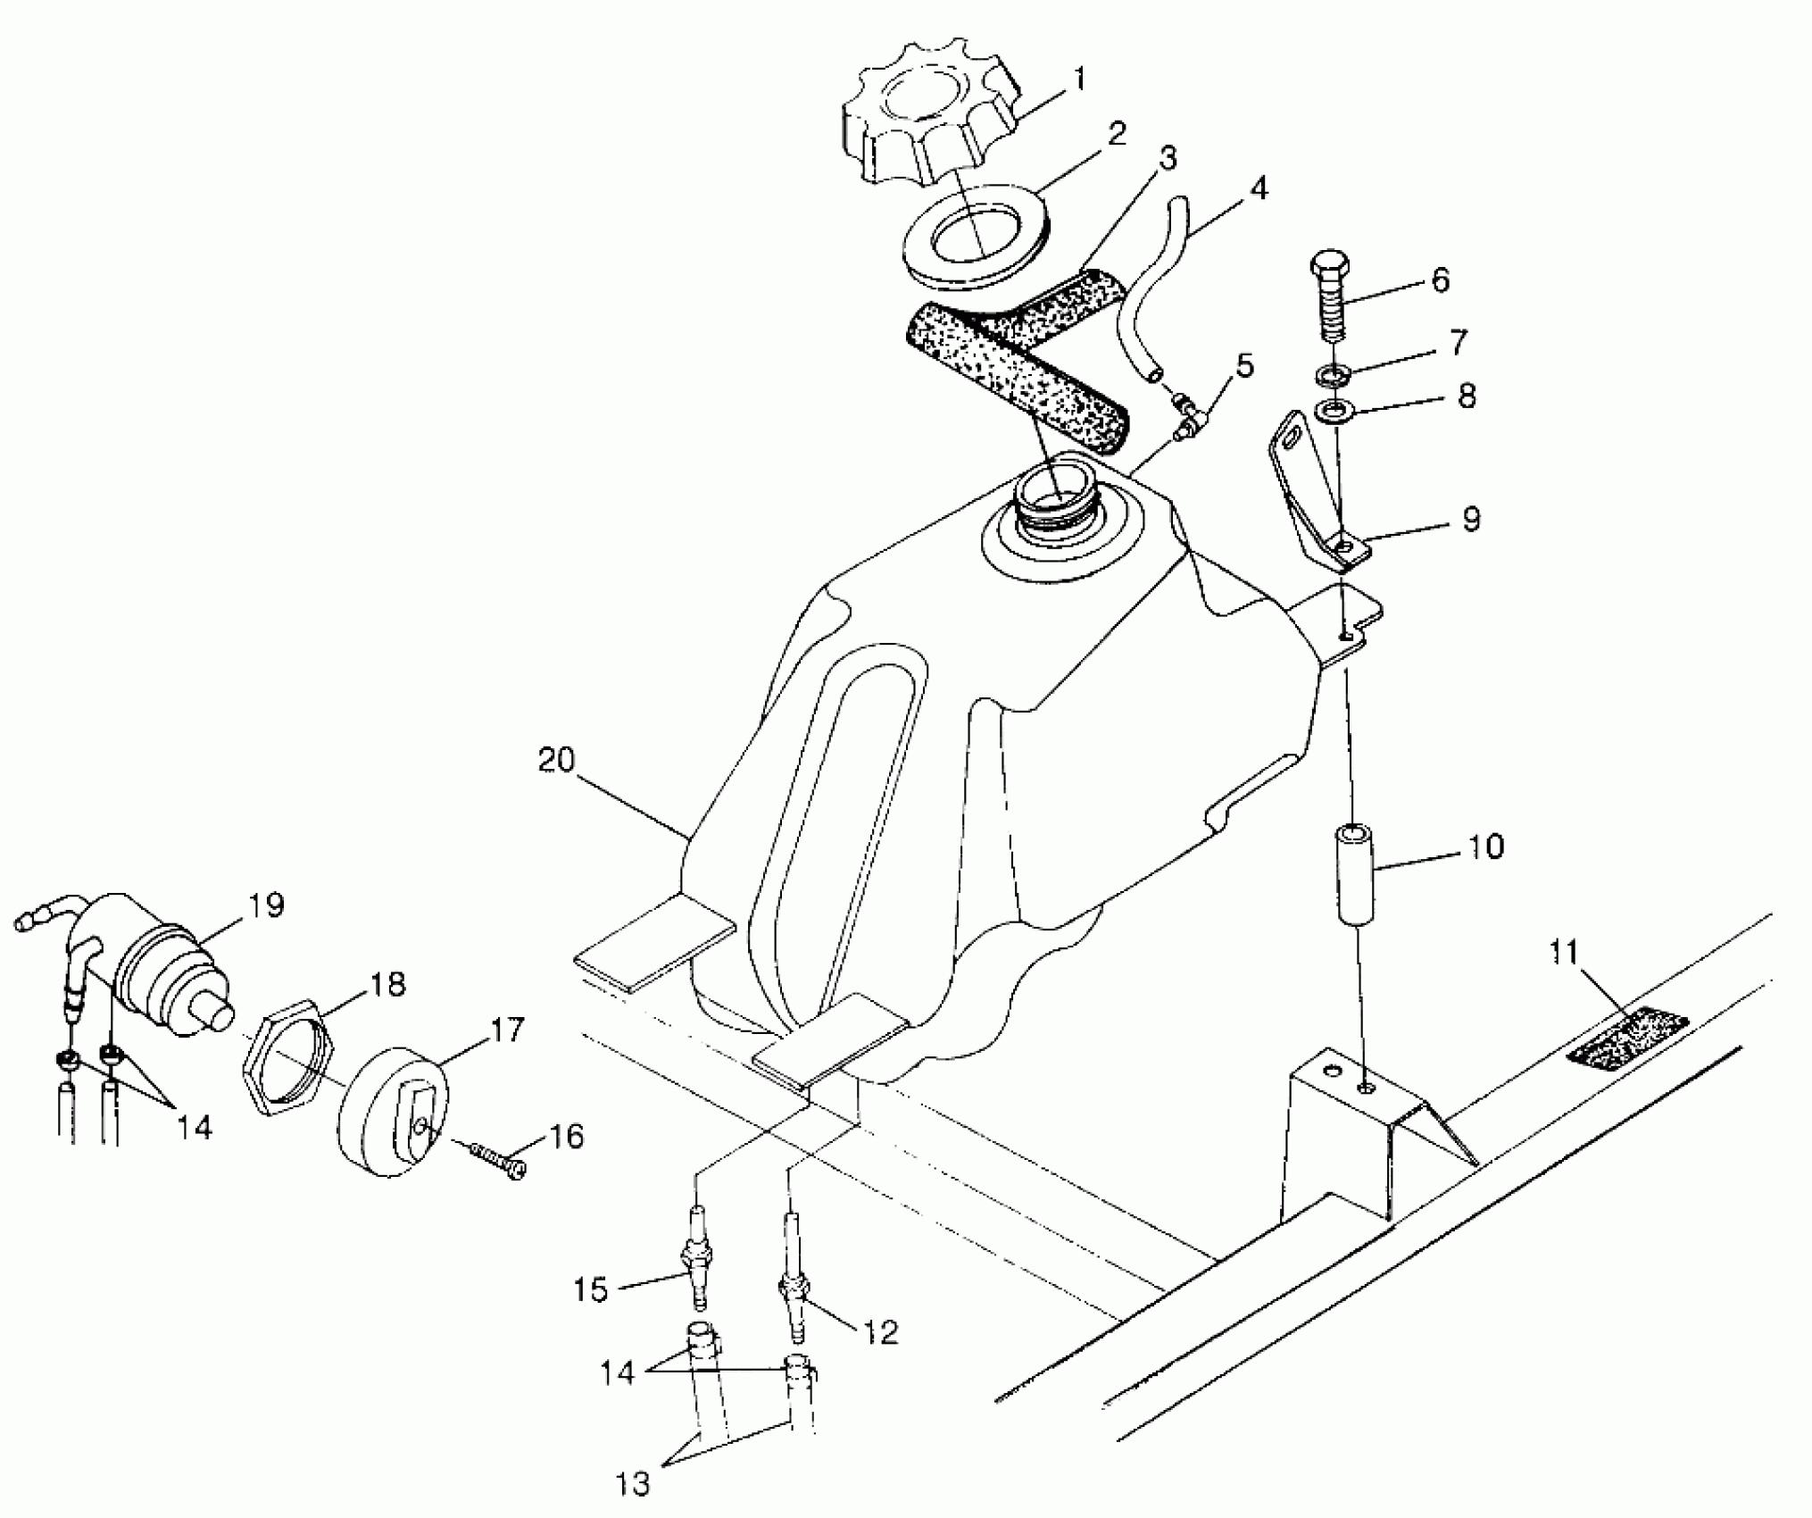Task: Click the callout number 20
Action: click(556, 761)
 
